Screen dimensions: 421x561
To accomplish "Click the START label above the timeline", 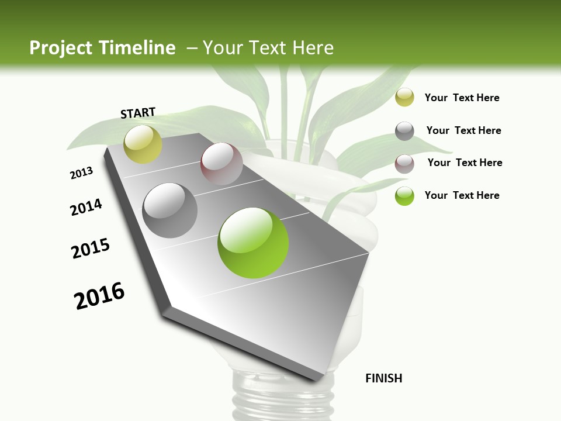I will [138, 113].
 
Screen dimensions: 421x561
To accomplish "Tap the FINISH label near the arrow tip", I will [384, 378].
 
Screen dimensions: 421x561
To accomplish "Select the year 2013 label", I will [81, 173].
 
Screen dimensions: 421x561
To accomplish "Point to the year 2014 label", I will [86, 207].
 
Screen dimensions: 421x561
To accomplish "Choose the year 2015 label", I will [91, 248].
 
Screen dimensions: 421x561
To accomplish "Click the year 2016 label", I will [99, 295].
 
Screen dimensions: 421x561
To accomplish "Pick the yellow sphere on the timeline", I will [143, 144].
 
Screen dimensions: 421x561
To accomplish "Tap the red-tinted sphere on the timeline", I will [221, 164].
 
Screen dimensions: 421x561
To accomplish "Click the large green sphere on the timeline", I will [253, 243].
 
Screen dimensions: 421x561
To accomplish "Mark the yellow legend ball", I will [404, 98].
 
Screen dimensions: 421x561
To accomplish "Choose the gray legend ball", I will [404, 131].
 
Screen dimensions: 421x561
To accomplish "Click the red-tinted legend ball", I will [404, 164].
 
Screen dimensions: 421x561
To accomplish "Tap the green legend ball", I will [404, 196].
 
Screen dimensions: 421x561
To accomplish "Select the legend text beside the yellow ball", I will [462, 98].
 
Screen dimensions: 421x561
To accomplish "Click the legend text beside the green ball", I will [462, 195].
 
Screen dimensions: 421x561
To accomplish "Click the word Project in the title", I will [61, 48].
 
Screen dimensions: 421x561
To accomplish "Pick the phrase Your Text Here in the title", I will [268, 48].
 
